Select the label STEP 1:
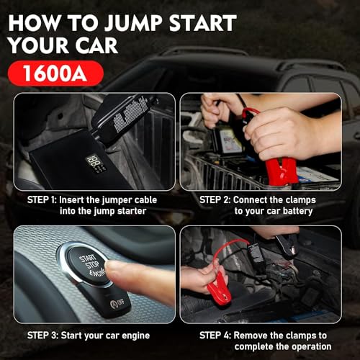45,199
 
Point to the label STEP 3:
45,335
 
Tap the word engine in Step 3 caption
133,335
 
